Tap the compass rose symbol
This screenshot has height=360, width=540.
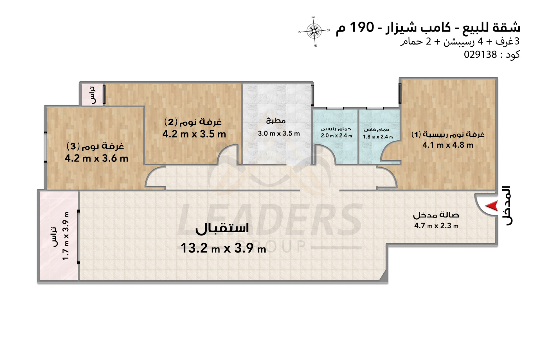coord(314,31)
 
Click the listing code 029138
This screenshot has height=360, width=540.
coord(480,54)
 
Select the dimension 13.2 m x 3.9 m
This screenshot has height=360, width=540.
coord(223,248)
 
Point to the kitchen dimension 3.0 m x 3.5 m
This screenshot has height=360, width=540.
coord(279,133)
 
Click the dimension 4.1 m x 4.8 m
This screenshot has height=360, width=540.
coord(448,145)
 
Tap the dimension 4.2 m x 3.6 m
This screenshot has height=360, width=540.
coord(96,158)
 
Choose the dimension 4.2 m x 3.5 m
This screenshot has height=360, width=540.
coord(194,134)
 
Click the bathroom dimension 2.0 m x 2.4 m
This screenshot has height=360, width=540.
coord(336,136)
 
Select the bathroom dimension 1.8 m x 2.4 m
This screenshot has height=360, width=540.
coord(378,137)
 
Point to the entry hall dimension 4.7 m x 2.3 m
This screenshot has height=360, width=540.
coord(436,226)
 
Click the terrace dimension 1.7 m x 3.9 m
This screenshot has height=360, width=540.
coord(66,236)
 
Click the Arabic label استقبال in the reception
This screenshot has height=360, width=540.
coord(222,228)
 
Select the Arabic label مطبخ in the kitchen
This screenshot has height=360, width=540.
coord(276,121)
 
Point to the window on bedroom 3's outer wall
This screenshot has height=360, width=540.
coord(46,147)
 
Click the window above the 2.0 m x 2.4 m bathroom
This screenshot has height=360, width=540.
coord(335,108)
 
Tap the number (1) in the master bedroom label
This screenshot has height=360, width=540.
coord(416,134)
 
